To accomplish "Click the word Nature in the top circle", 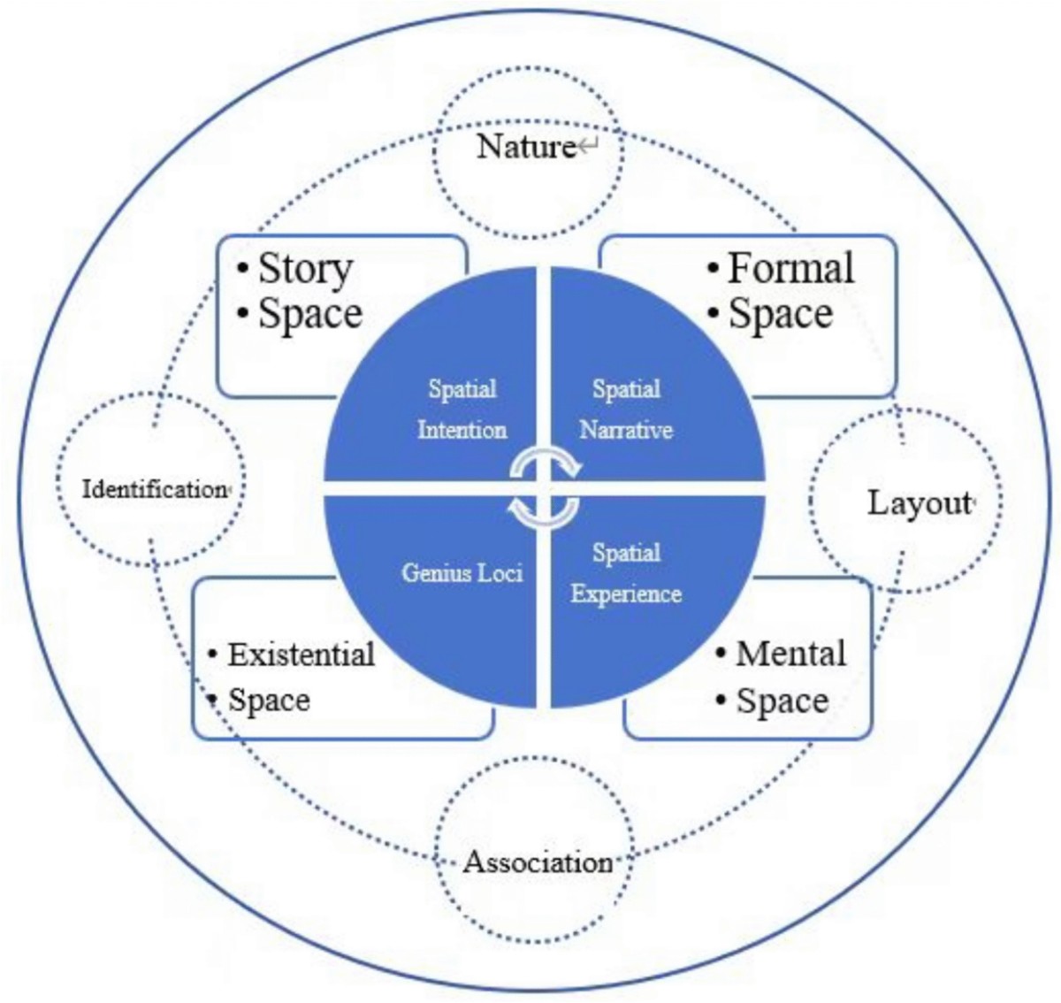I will [x=526, y=146].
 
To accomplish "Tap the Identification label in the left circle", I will [x=154, y=488].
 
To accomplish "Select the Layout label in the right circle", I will [x=918, y=503].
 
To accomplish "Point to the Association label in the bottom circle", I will [x=538, y=861].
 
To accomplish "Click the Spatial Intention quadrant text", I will [x=462, y=410].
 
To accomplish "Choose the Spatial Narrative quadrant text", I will [x=626, y=410].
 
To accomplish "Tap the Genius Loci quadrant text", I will [x=462, y=573].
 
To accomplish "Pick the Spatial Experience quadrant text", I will [x=626, y=573].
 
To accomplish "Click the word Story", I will [x=305, y=268].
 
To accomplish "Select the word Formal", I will [x=790, y=268].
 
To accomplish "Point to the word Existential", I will [x=301, y=655].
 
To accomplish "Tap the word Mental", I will [x=790, y=654].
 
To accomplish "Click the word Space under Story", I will [x=309, y=314].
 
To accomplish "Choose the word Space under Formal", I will [x=780, y=314].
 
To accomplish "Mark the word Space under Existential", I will [x=269, y=701].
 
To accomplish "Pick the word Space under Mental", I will [x=782, y=701].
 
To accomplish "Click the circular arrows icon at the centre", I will [x=545, y=486].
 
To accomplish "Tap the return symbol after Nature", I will [x=588, y=147].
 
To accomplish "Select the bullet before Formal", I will [x=713, y=269].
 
